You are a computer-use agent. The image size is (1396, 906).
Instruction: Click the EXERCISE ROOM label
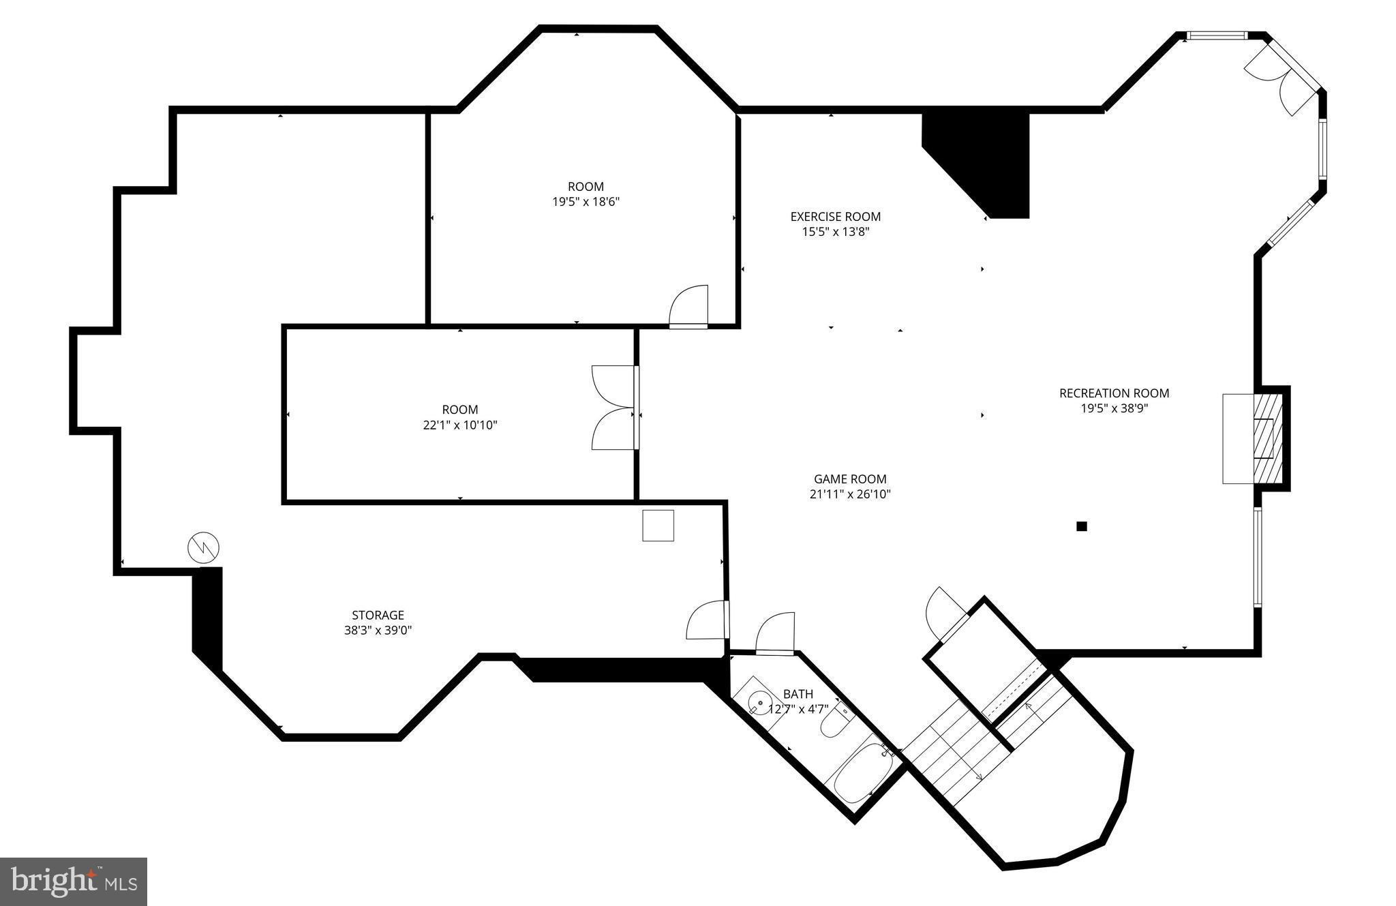(x=835, y=217)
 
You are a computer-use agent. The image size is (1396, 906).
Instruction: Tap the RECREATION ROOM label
(x=1114, y=393)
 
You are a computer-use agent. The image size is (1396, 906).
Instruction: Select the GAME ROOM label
(x=849, y=479)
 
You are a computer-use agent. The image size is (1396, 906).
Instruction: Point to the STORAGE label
(x=378, y=615)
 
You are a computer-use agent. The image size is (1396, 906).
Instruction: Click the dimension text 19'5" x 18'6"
(x=586, y=202)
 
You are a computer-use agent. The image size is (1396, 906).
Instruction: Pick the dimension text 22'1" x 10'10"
(x=460, y=425)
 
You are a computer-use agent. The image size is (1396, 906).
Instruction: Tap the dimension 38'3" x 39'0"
(x=378, y=631)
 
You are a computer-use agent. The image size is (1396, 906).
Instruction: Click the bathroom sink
(x=759, y=701)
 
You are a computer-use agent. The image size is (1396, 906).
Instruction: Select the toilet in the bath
(x=834, y=721)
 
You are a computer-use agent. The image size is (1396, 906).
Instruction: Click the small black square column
(x=1081, y=526)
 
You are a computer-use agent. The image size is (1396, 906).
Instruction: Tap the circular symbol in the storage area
(x=204, y=547)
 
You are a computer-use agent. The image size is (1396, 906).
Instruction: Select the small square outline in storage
(x=658, y=526)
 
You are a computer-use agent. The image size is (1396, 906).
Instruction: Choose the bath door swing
(x=776, y=634)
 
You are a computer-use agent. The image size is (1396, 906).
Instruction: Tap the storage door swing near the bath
(x=706, y=620)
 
